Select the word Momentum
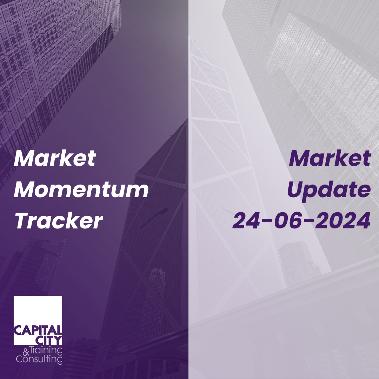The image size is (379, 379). (x=81, y=190)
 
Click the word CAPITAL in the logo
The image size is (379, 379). (x=38, y=330)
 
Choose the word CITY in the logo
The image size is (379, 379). (x=49, y=340)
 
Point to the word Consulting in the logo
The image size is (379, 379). (x=39, y=359)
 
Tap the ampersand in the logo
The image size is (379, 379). (x=26, y=352)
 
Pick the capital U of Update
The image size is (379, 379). (x=296, y=190)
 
